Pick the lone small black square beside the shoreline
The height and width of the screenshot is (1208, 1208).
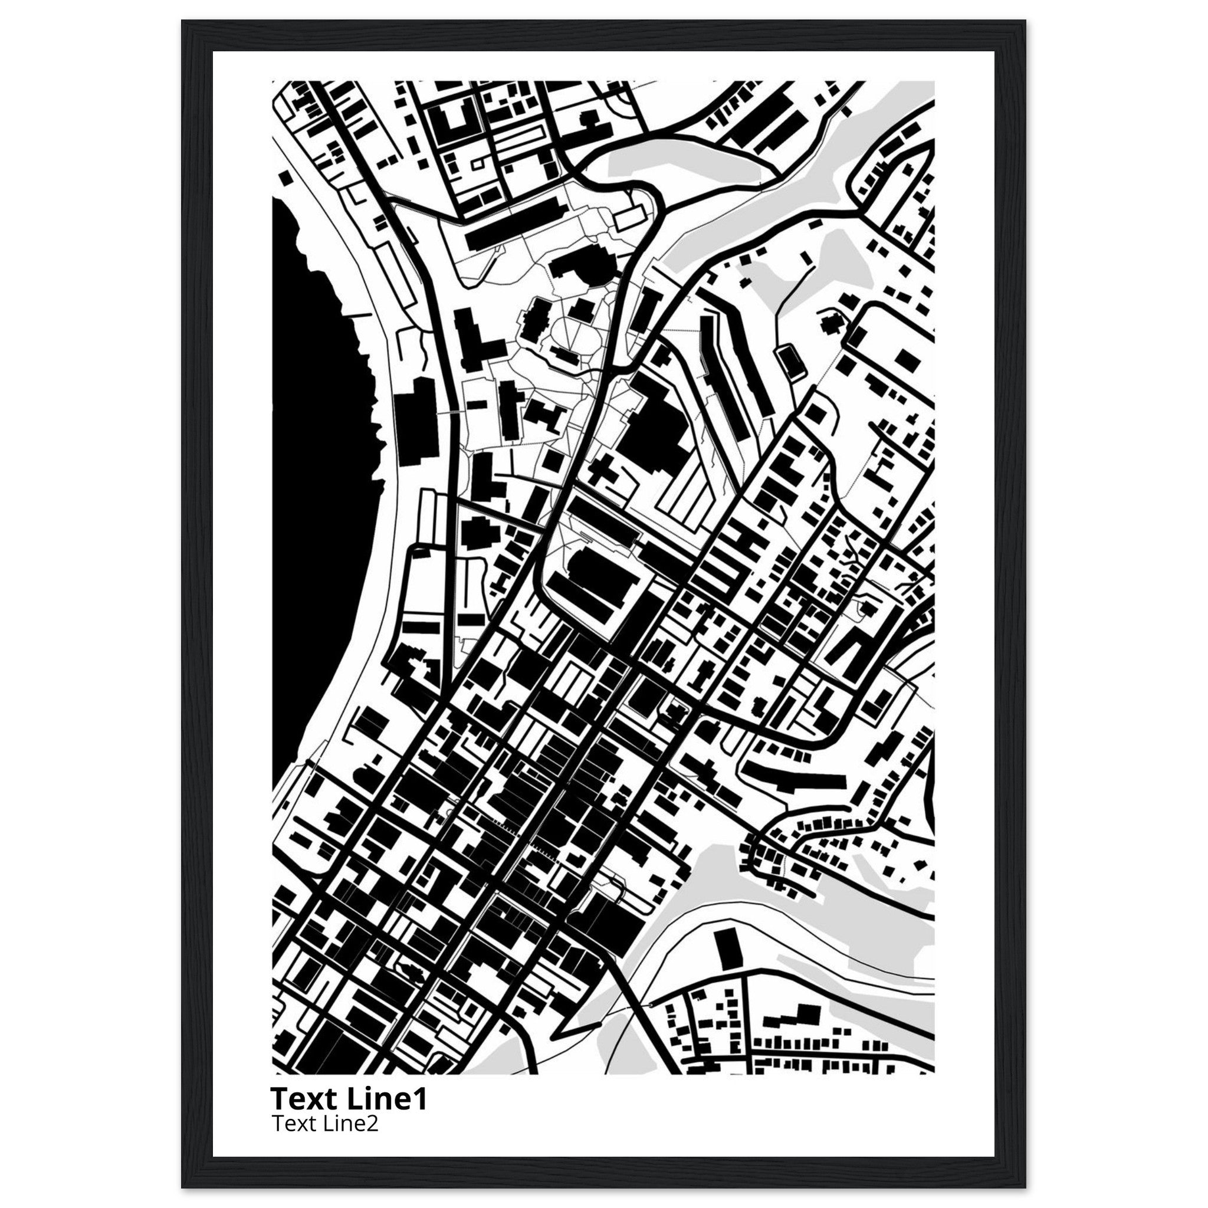point(285,178)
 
